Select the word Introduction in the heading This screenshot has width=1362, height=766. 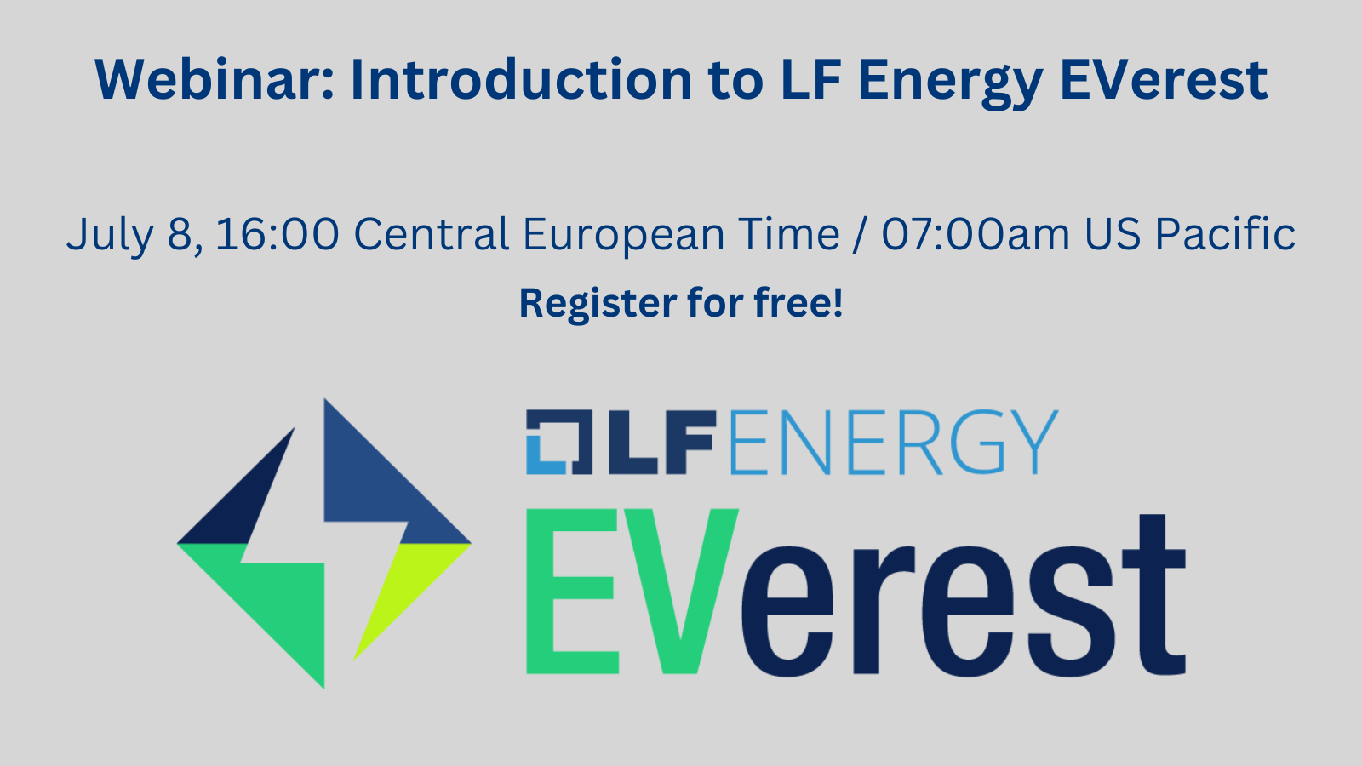521,80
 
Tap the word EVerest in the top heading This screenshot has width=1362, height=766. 1163,80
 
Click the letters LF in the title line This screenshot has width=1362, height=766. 812,80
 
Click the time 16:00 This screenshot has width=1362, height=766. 277,234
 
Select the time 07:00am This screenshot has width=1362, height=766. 976,234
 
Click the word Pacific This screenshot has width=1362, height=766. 1225,233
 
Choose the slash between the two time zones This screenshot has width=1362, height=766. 861,235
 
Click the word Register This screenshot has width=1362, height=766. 598,304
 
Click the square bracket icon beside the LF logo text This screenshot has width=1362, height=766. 558,442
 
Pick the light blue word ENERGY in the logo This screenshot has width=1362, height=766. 893,442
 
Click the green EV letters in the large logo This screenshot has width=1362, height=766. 632,591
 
